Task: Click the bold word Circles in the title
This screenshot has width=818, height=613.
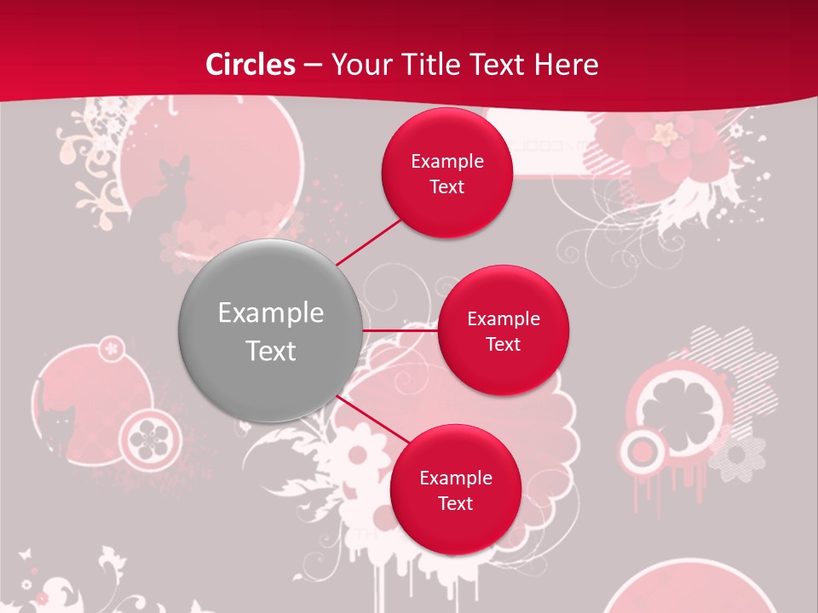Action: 251,65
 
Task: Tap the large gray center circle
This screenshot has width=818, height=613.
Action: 270,330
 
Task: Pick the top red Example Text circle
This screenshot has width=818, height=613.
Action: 446,174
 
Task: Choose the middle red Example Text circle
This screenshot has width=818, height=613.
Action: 503,330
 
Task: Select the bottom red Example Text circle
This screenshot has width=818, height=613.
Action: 455,490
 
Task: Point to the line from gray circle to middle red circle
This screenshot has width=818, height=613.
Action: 400,330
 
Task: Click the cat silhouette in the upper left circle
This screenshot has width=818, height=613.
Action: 165,196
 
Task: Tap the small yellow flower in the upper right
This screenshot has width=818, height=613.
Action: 664,131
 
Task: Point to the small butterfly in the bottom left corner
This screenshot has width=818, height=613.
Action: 26,553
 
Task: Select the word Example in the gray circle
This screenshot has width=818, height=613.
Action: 270,313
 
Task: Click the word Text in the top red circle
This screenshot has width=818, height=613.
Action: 446,187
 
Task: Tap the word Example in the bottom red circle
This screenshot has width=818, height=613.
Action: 455,478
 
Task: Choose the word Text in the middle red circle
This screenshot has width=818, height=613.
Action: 503,344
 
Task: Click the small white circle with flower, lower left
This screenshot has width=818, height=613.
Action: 149,436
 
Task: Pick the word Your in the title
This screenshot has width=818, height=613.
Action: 357,65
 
